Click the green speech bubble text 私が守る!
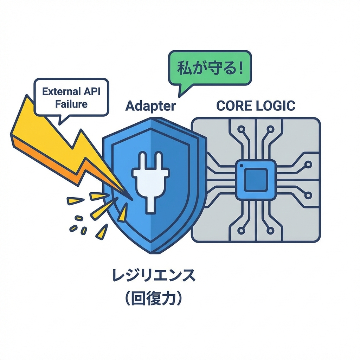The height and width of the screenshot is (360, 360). click(210, 68)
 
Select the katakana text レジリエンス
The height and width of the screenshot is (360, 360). click(153, 275)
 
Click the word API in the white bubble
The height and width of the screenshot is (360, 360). click(92, 92)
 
